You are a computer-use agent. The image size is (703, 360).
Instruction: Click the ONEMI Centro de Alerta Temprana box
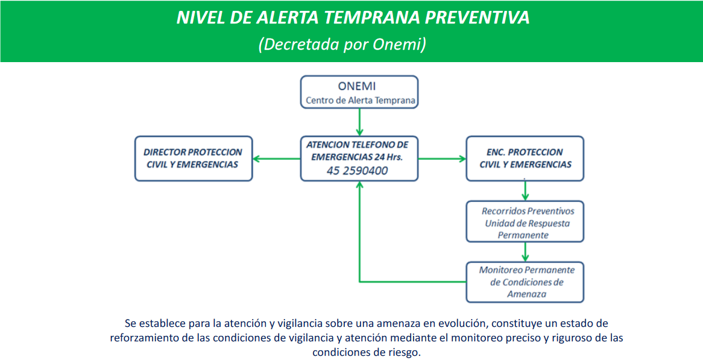(359, 92)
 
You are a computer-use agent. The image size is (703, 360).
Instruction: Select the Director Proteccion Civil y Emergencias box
(194, 159)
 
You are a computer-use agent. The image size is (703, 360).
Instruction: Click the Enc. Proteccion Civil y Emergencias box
(525, 159)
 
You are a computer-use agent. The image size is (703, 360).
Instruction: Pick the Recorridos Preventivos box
(525, 221)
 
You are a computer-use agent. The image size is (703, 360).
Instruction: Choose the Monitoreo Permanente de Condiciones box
(525, 282)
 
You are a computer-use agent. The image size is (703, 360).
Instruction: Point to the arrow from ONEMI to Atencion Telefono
(359, 122)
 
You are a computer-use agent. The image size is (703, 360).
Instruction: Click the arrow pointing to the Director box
(276, 159)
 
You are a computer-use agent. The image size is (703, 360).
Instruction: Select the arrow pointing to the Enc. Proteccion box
(442, 159)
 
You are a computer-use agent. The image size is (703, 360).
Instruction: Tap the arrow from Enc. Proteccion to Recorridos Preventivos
(525, 191)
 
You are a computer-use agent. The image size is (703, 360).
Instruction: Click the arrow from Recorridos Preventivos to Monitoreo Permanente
(525, 251)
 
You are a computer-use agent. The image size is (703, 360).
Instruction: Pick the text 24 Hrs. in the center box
(389, 157)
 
